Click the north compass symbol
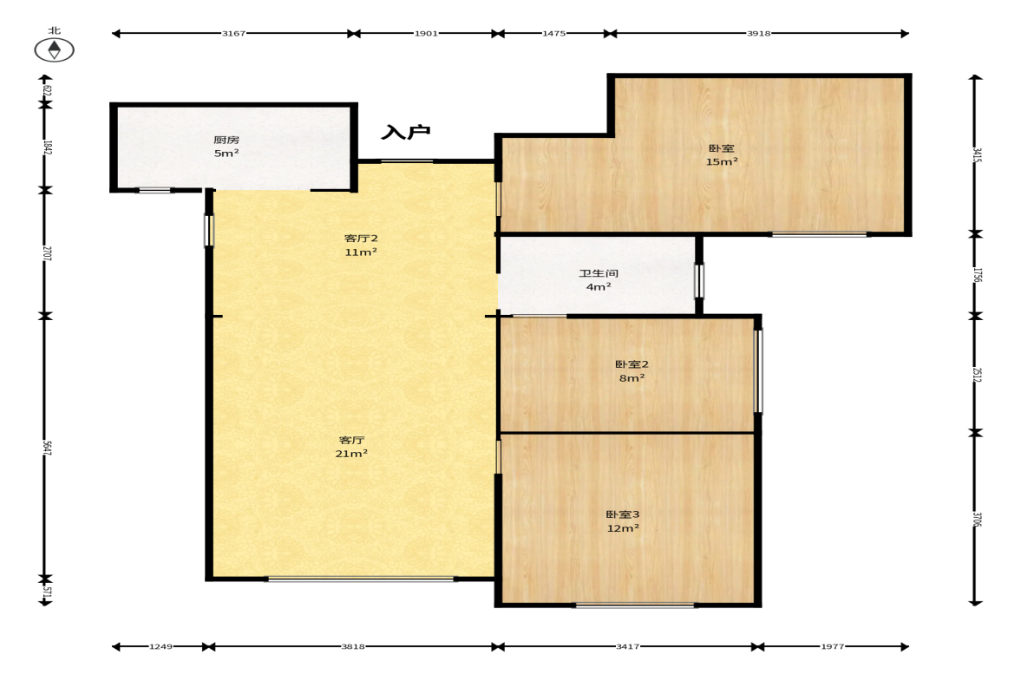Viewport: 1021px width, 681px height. click(x=54, y=50)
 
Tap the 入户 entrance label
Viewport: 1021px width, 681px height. click(x=406, y=132)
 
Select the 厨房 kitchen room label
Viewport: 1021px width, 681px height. click(x=226, y=140)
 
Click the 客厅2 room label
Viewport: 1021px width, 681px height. click(x=362, y=239)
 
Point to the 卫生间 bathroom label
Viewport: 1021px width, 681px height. click(x=599, y=273)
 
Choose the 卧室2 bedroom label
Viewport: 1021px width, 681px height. click(x=632, y=364)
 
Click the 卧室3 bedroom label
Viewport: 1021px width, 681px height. click(x=623, y=514)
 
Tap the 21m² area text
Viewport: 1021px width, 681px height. click(x=351, y=454)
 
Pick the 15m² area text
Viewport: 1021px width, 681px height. click(x=722, y=161)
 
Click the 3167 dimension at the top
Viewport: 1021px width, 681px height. click(x=233, y=33)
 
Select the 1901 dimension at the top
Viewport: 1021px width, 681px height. click(x=427, y=33)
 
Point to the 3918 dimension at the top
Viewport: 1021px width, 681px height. click(x=758, y=33)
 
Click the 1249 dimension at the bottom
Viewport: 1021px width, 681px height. click(x=160, y=646)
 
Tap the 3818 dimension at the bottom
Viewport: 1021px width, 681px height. click(x=353, y=646)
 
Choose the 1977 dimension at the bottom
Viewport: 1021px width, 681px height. click(x=832, y=646)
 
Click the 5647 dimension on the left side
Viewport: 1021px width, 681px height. click(x=47, y=448)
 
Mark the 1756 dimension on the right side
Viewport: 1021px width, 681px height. click(x=977, y=275)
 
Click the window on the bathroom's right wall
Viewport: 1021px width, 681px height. click(x=699, y=280)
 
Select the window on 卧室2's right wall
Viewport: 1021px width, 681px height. click(x=758, y=371)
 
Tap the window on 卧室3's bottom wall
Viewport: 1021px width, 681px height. click(x=635, y=606)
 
